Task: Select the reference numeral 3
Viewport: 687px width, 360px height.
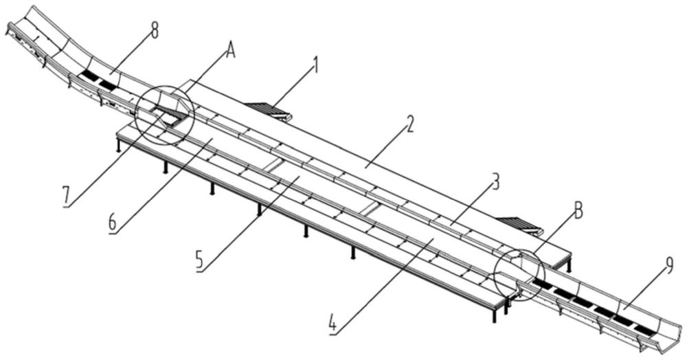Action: (x=495, y=183)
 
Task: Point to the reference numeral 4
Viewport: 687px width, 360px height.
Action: (x=332, y=322)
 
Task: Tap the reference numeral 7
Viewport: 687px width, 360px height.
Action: (x=65, y=196)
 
